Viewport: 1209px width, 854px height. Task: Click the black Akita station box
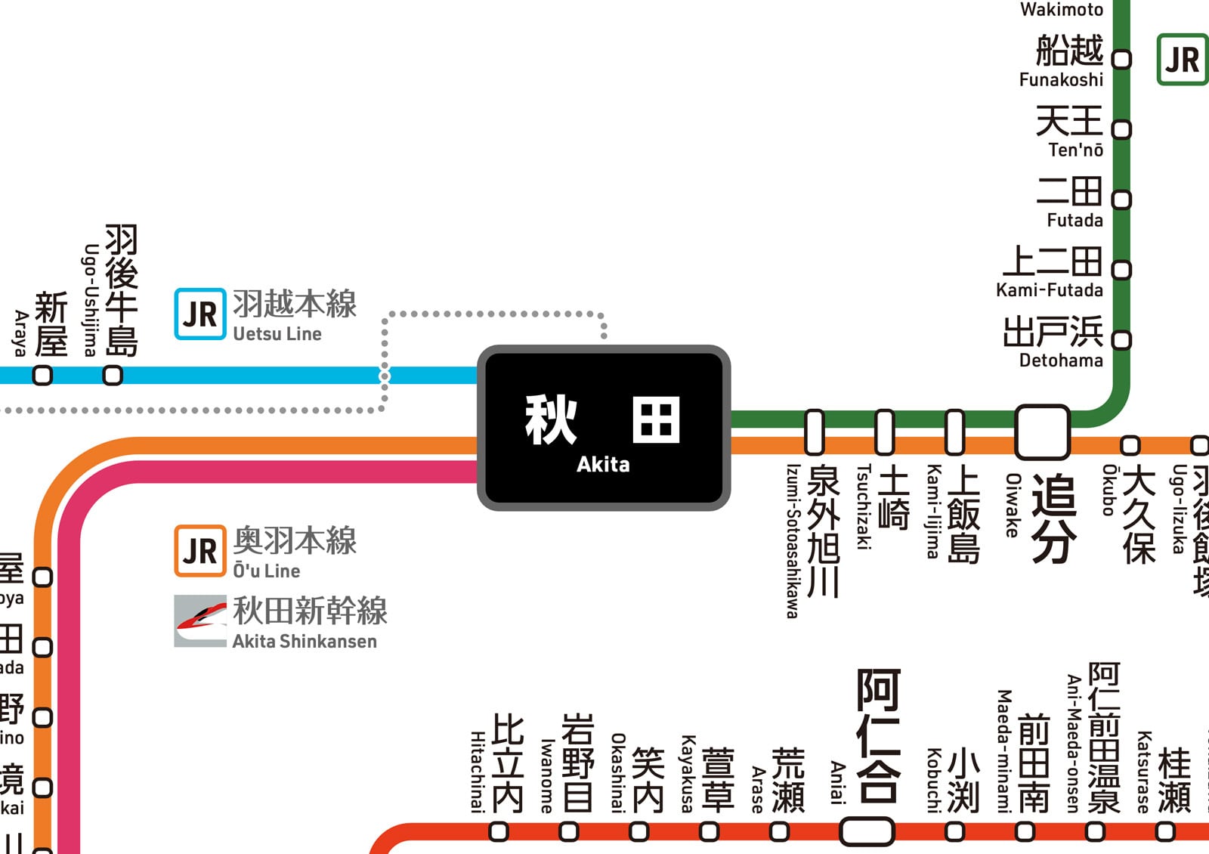603,428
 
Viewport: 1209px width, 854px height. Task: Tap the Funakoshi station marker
1122,59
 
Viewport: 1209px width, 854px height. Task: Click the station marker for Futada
1122,200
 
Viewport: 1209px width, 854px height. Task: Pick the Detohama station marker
1122,340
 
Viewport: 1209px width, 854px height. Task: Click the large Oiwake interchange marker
1042,432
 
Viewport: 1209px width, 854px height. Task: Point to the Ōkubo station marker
1130,444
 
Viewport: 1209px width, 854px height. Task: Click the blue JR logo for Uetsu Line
200,314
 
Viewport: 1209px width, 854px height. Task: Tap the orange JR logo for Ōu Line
200,551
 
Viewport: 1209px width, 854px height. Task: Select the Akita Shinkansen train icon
200,621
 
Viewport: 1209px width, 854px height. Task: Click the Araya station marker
43,375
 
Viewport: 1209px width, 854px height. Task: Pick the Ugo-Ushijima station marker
113,375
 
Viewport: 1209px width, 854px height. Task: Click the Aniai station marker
867,831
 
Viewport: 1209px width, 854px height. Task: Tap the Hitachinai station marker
499,831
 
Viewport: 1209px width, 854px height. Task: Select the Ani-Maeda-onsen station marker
1095,831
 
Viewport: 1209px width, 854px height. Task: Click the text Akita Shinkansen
305,642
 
